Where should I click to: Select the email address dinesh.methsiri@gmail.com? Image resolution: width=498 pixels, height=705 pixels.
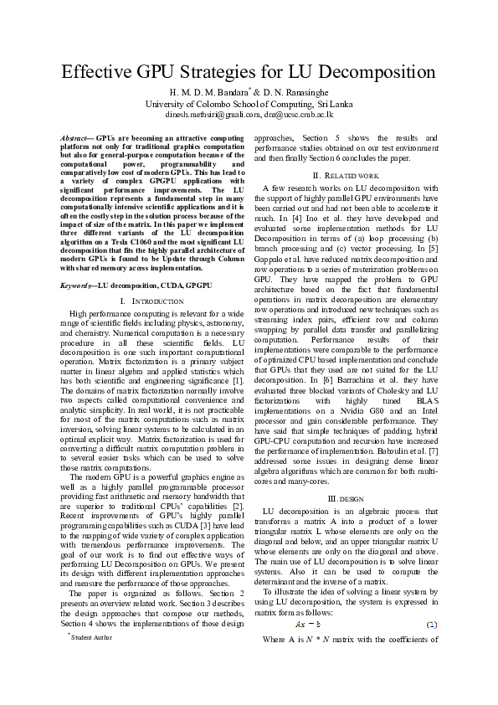pyautogui.click(x=205, y=114)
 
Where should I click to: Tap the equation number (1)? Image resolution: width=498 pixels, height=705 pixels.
pyautogui.click(x=431, y=625)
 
